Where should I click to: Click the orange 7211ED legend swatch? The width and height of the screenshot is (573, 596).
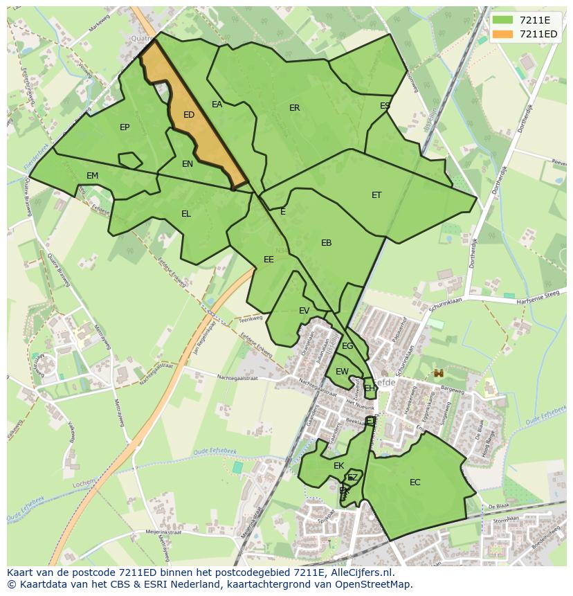coord(503,34)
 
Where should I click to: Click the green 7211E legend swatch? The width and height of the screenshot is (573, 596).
coord(503,19)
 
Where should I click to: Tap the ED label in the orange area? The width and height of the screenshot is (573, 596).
coord(188,115)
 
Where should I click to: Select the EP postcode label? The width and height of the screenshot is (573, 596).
coord(125,127)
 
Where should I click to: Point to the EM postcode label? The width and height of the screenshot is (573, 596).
coord(92,176)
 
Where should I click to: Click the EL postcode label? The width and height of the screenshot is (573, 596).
coord(186,214)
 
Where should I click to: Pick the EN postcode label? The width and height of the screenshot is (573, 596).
coord(188,164)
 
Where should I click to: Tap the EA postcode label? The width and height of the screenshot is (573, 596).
coord(217,105)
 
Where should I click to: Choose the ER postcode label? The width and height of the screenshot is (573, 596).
coord(295,108)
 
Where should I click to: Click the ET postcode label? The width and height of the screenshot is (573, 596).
coord(376,195)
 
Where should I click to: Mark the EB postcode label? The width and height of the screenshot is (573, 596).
coord(327,243)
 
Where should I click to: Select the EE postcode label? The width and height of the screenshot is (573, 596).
coord(269,260)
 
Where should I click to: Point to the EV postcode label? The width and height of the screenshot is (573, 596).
coord(304,311)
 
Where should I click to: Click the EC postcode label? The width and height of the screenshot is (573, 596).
coord(415,482)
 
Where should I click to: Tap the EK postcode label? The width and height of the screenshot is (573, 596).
coord(338,466)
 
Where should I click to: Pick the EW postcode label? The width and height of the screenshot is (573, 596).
coord(342,372)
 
